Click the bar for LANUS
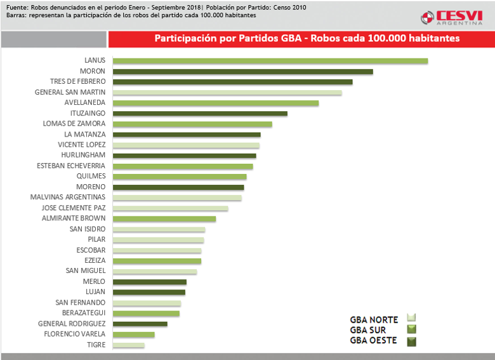(270, 61)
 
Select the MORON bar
(242, 72)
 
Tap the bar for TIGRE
(128, 345)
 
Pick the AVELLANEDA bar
(216, 103)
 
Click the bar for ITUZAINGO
(200, 114)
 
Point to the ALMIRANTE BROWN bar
(164, 219)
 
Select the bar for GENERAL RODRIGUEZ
(140, 324)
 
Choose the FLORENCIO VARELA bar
(133, 335)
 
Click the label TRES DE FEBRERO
(77, 82)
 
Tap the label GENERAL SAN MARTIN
(70, 92)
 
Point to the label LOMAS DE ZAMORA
(74, 124)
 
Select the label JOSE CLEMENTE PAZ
(73, 208)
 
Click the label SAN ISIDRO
(88, 229)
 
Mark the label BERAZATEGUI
(84, 313)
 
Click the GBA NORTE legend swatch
(411, 319)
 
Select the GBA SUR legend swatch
(411, 330)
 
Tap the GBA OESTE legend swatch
(411, 341)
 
